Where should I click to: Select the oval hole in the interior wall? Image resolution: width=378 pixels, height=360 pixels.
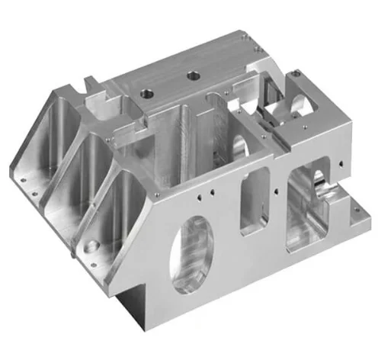239,147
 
